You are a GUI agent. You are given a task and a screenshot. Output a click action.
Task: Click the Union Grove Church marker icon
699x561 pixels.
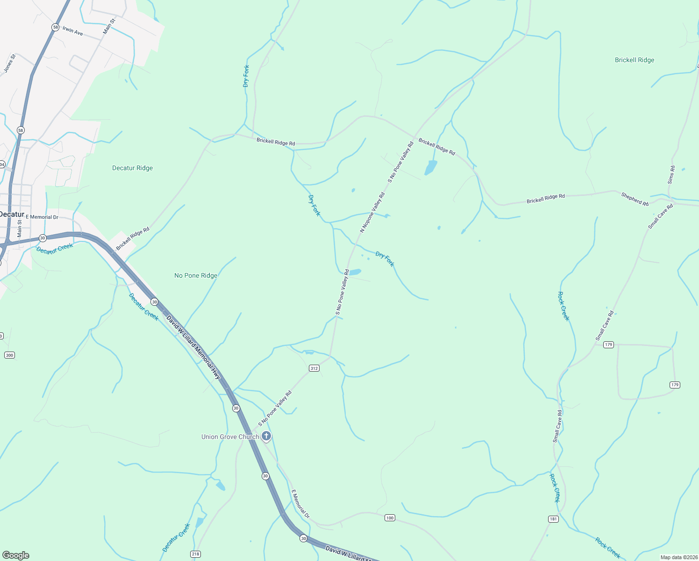click(x=266, y=437)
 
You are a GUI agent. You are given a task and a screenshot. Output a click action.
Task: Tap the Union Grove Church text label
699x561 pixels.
click(x=230, y=437)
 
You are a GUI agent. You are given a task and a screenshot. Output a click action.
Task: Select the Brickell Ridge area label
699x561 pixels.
click(x=635, y=60)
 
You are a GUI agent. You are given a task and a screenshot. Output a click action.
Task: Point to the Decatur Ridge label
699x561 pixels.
click(x=132, y=168)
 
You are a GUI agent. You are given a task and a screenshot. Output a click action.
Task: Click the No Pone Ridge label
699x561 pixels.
click(x=196, y=275)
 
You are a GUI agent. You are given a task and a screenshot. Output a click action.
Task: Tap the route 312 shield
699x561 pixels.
click(x=314, y=368)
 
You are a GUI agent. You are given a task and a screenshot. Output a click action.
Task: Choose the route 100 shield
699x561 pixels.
click(x=390, y=518)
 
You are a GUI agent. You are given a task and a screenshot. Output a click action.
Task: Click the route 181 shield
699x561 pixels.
click(x=553, y=519)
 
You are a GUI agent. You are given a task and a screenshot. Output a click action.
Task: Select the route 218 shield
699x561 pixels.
click(x=196, y=554)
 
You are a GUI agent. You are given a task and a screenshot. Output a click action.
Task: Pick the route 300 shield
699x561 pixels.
click(x=9, y=355)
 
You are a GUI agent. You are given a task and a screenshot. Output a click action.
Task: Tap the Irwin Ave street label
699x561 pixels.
click(x=73, y=31)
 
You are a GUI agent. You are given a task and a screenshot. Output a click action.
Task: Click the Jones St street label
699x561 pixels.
click(x=10, y=64)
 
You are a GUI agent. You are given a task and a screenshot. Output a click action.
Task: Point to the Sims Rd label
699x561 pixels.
click(x=671, y=174)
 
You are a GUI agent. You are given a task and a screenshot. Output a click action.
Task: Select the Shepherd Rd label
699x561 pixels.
click(x=635, y=199)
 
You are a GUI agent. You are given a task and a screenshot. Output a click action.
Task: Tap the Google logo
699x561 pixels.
click(x=15, y=555)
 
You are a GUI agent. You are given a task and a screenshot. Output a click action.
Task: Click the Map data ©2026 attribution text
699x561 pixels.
click(x=678, y=557)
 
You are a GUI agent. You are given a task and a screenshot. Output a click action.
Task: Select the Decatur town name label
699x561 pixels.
click(x=12, y=214)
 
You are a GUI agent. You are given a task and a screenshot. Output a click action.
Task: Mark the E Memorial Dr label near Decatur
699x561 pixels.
click(x=42, y=217)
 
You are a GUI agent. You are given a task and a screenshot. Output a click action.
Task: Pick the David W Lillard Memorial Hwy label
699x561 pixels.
click(x=193, y=347)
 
